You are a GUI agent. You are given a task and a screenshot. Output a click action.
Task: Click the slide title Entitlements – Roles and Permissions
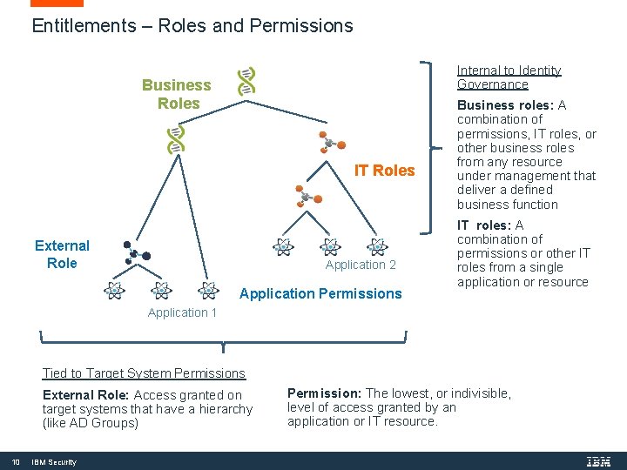coord(192,26)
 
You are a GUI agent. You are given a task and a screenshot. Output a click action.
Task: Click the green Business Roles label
coord(177,94)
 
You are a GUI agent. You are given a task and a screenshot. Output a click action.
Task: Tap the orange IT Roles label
coord(384,171)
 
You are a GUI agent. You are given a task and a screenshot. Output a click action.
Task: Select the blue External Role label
coord(62,254)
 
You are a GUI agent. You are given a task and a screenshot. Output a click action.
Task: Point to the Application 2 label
coord(361,265)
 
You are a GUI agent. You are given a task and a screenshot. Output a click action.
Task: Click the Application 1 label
coord(182,312)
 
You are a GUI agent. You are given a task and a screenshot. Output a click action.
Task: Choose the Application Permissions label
coord(320,293)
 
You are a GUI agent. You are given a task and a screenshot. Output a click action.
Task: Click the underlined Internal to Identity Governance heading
coord(509,77)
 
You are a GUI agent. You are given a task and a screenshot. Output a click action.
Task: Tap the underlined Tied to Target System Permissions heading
coord(144,373)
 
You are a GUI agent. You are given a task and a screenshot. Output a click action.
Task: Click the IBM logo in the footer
coord(599,461)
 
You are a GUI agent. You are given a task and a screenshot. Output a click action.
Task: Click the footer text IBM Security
coord(54,462)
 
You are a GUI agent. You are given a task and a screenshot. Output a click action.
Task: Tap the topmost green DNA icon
coord(247,80)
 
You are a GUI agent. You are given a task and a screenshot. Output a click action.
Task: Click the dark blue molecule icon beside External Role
coord(136,252)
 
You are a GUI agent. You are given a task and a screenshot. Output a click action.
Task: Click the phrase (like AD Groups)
coord(91,423)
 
